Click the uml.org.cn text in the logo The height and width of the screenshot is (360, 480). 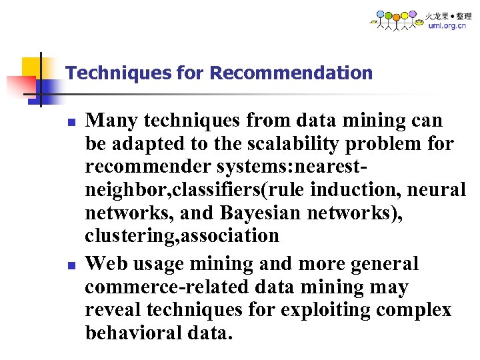447,26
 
